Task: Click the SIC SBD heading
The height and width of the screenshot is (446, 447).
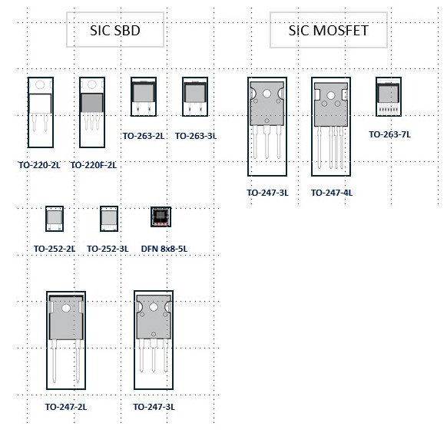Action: point(115,31)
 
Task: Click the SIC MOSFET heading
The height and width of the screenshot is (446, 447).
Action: point(329,31)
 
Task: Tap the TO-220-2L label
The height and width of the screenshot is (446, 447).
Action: point(39,165)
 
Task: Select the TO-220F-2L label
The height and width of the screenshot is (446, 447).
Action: point(93,165)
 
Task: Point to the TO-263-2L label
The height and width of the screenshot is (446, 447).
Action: point(144,136)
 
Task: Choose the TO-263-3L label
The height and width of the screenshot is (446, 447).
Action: point(196,136)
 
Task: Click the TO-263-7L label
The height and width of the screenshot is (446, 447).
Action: point(389,134)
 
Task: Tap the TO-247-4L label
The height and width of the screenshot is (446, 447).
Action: point(332,193)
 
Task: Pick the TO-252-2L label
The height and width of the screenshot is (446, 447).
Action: point(55,249)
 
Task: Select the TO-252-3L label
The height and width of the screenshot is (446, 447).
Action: point(108,249)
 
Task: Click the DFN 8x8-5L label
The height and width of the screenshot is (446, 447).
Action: point(164,249)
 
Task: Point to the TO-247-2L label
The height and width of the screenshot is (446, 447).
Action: point(66,407)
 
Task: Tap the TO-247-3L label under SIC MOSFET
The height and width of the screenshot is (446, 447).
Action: point(267,193)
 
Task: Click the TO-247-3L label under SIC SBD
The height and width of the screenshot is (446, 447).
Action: point(154,407)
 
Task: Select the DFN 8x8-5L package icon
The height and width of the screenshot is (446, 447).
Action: point(161,217)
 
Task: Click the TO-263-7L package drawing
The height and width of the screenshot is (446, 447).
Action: point(389,97)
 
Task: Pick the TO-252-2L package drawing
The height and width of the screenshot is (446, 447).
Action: point(55,219)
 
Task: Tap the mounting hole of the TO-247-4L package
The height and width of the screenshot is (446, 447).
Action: point(331,95)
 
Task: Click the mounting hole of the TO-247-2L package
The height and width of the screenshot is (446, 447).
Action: point(66,308)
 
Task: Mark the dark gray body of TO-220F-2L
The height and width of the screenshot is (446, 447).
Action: point(92,103)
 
